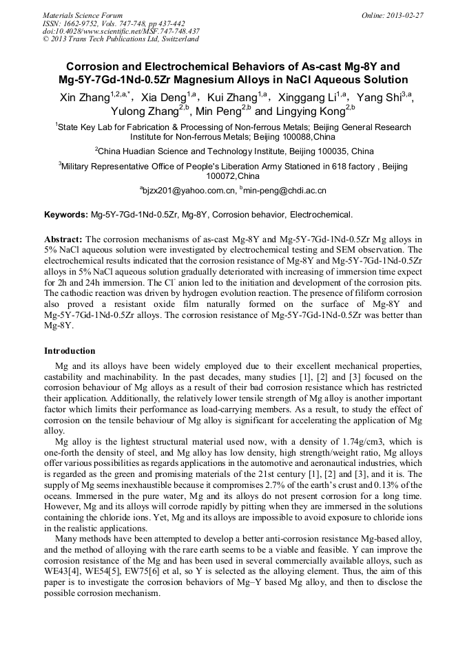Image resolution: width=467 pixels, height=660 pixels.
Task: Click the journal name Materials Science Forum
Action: pos(83,15)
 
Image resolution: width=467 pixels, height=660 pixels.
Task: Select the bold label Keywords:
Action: pos(66,215)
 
